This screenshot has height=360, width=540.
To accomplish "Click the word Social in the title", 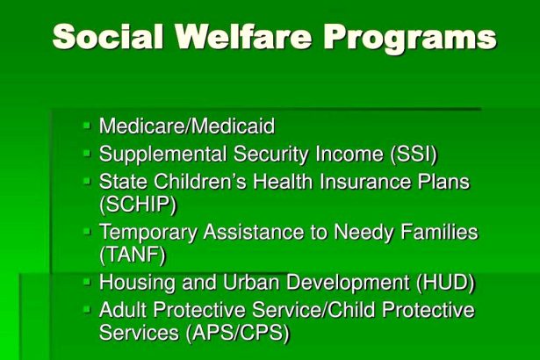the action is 108,37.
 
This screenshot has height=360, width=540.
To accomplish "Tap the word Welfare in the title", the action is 243,37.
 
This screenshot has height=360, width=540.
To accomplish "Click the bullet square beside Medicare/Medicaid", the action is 87,125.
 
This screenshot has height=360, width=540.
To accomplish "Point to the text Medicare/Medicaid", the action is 187,126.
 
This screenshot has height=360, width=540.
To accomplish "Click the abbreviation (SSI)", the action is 414,154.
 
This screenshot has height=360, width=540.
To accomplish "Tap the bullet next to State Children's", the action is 87,181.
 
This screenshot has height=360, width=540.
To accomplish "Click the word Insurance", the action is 365,182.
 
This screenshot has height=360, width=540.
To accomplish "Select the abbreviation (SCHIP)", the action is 138,205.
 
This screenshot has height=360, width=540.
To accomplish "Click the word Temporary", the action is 148,233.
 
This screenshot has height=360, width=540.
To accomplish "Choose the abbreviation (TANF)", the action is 133,256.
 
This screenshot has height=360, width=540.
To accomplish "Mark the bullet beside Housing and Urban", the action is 87,282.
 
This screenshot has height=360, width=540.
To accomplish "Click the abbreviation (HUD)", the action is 446,283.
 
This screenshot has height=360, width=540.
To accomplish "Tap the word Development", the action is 348,284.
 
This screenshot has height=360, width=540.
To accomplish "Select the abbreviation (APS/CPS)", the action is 238,333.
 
